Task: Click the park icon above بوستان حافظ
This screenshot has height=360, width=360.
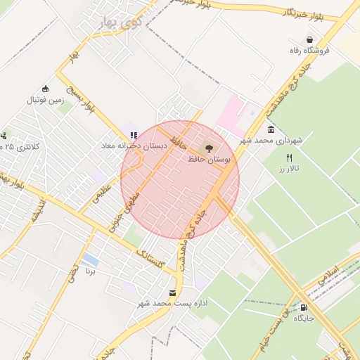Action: click(207, 148)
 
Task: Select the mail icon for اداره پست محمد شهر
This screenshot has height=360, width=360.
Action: click(173, 292)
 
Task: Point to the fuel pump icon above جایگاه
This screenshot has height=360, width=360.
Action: click(304, 307)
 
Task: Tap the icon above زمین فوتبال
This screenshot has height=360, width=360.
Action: click(46, 89)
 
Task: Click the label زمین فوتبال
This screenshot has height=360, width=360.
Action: click(45, 100)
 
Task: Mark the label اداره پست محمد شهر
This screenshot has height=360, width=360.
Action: click(172, 303)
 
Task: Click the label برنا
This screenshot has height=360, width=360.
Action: click(89, 271)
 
